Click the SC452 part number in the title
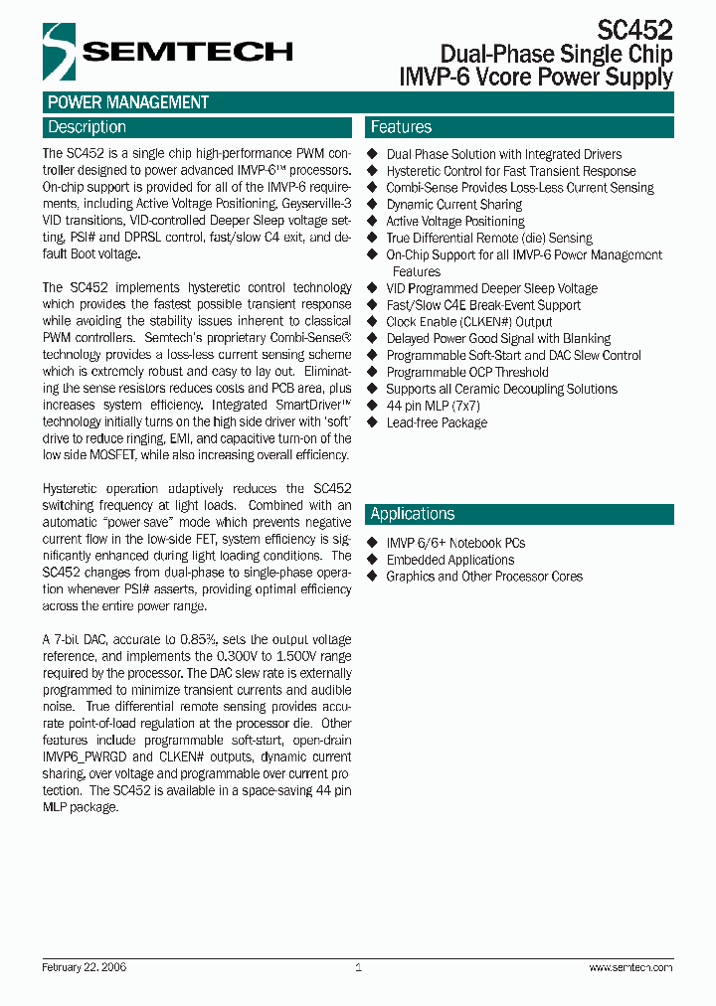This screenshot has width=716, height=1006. [635, 30]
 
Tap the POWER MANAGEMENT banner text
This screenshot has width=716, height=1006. [128, 102]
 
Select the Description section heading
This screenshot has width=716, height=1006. [88, 127]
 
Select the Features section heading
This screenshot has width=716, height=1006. [401, 127]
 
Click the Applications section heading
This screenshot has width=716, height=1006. [412, 514]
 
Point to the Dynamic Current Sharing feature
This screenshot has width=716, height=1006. [453, 204]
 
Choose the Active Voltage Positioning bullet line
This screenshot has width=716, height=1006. [454, 221]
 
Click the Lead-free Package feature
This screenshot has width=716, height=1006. [437, 422]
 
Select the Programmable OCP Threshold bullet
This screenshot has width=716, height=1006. [467, 372]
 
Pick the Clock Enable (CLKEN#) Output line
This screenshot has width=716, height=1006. [468, 322]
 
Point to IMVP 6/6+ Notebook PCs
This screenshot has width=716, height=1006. [455, 543]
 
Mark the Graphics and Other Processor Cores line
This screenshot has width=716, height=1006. [484, 577]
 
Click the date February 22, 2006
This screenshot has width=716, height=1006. [85, 967]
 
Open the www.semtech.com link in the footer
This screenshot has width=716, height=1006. [630, 967]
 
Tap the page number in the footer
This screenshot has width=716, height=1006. [358, 967]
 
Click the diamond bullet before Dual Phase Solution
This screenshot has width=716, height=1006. [373, 154]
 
